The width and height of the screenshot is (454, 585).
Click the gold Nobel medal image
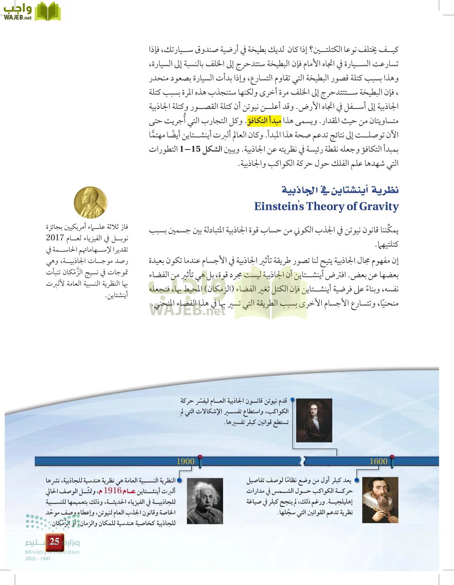point(90,202)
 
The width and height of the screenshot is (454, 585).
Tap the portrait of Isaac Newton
point(314,420)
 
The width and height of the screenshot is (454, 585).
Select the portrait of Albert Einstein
point(205,501)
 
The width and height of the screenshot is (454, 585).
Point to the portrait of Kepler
point(380,500)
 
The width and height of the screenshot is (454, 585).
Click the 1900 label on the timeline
point(185,461)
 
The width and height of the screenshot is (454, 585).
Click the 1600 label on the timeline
point(378,461)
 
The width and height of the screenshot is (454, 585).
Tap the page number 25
point(54,541)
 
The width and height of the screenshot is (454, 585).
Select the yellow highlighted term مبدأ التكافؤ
point(264,121)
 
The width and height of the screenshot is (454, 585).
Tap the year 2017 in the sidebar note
point(55,238)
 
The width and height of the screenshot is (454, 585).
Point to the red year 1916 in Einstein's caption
point(113,490)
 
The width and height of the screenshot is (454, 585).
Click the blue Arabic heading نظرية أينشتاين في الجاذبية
point(340,190)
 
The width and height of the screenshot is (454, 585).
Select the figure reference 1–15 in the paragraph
point(190,149)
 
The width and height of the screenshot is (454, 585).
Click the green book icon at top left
point(48,12)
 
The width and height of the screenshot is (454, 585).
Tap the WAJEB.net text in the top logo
point(18,18)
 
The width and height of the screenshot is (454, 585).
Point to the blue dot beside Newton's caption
point(292,399)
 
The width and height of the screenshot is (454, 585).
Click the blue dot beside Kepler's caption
point(357,480)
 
